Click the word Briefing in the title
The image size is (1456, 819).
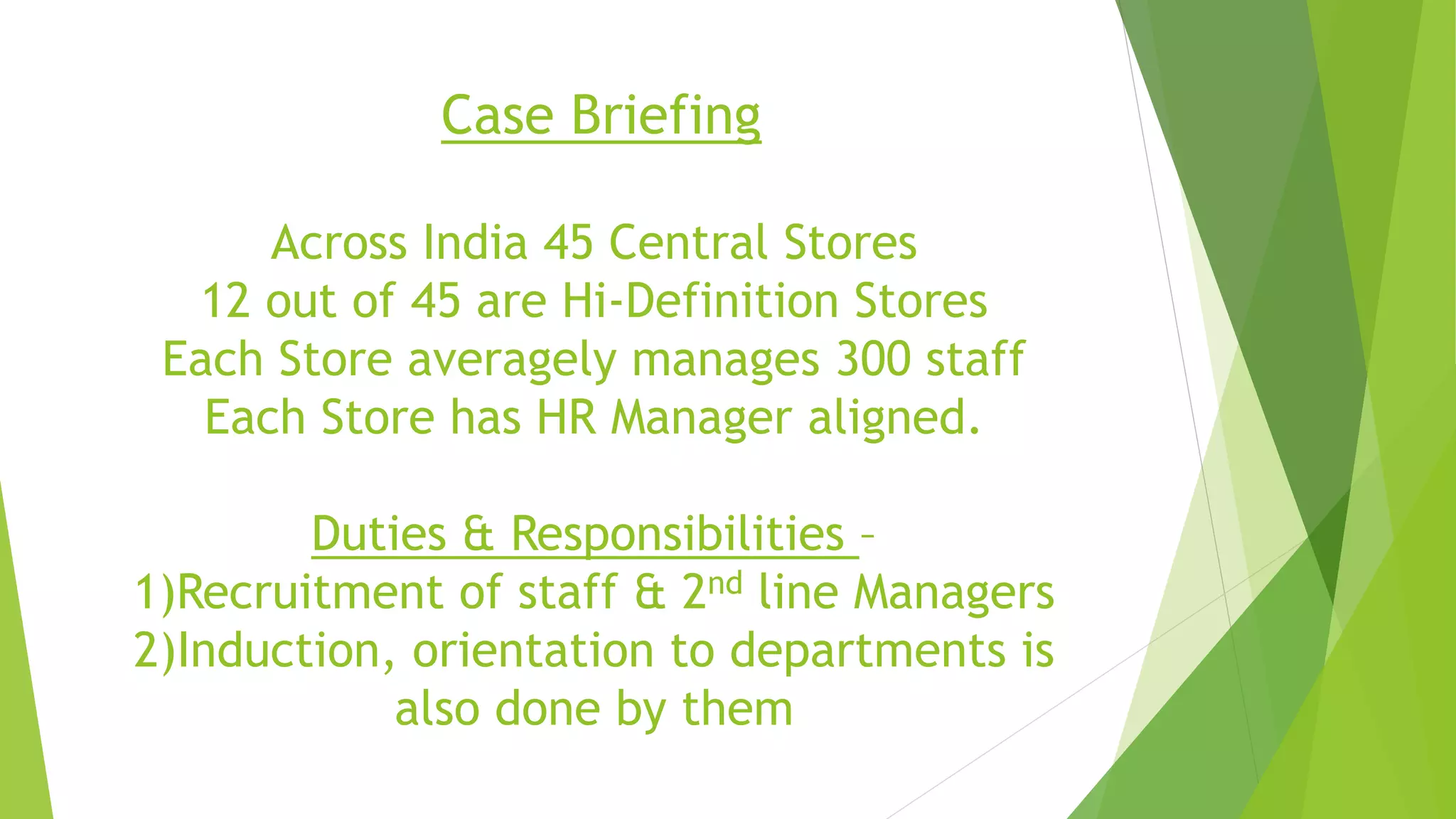pyautogui.click(x=665, y=115)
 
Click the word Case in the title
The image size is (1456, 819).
pyautogui.click(x=497, y=115)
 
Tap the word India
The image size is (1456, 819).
pyautogui.click(x=474, y=243)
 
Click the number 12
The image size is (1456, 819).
pyautogui.click(x=225, y=301)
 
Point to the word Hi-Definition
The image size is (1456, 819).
pyautogui.click(x=700, y=301)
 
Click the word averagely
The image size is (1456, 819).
pyautogui.click(x=512, y=360)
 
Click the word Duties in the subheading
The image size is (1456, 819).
pyautogui.click(x=378, y=534)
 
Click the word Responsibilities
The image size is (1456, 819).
pyautogui.click(x=677, y=535)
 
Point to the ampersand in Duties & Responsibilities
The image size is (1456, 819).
pyautogui.click(x=478, y=534)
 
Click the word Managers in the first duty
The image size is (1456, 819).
pyautogui.click(x=953, y=594)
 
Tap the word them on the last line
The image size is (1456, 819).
pyautogui.click(x=737, y=709)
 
